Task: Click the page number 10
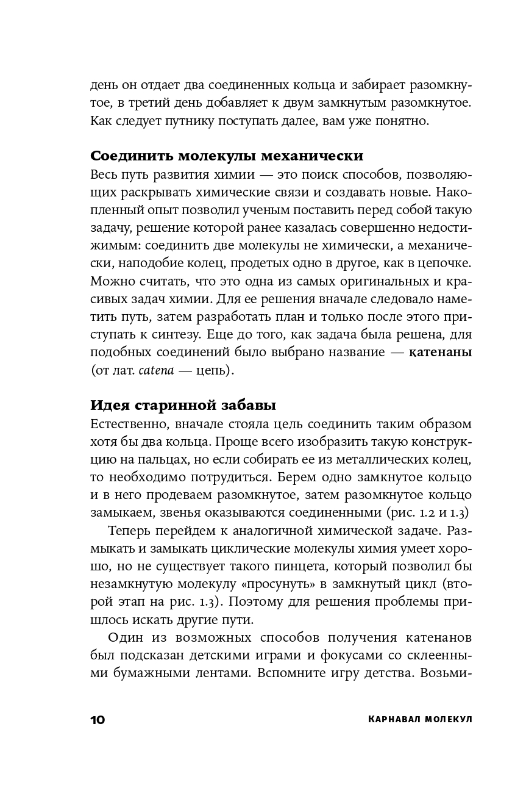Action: pos(98,720)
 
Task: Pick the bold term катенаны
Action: pos(440,353)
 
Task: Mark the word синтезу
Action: pos(176,334)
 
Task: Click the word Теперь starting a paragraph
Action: pos(127,531)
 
